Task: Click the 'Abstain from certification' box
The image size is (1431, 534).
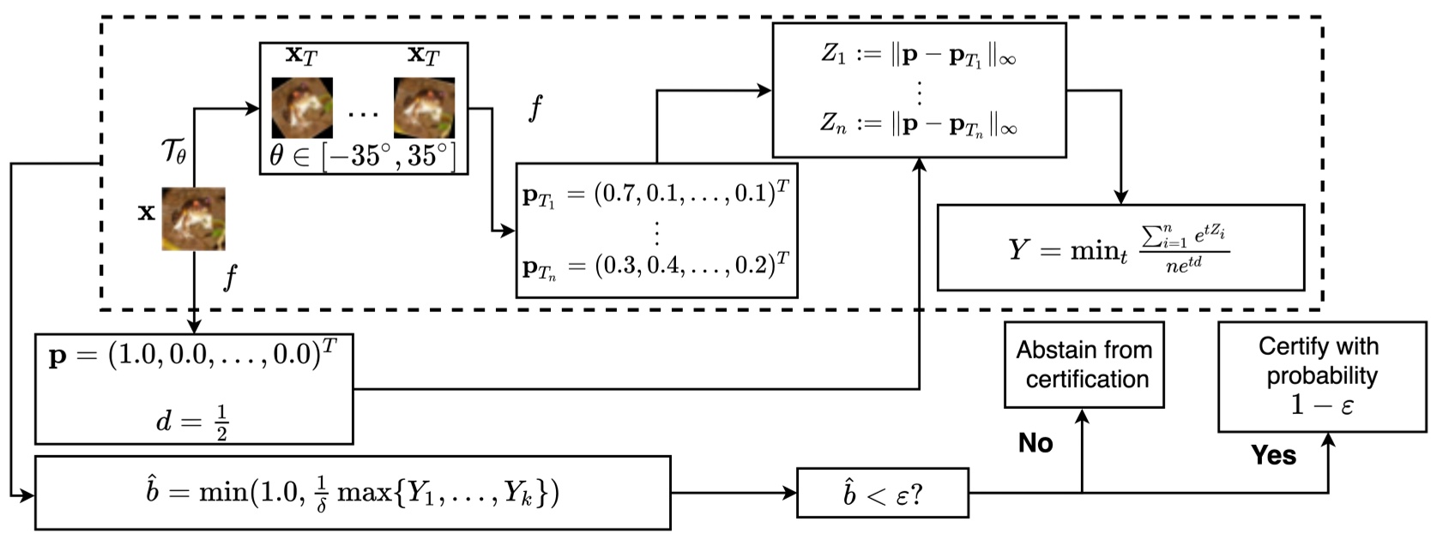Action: coord(1084,364)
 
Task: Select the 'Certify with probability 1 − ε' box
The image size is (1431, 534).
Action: coord(1321,376)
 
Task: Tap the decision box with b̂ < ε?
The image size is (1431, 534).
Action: coord(882,493)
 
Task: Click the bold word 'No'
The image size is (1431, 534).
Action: coord(1036,443)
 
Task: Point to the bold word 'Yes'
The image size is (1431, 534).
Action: coord(1273,455)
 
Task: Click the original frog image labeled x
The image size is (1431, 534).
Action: coord(194,219)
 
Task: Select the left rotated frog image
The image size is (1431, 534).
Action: coord(302,108)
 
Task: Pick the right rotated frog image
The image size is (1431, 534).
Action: coord(424,108)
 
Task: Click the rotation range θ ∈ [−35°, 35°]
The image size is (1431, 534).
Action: coord(363,156)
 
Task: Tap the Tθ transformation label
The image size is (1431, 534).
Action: coord(173,153)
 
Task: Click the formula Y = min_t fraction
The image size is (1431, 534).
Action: coord(1120,248)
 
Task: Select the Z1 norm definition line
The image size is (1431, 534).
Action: coord(918,55)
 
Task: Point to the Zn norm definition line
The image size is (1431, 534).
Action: coord(918,124)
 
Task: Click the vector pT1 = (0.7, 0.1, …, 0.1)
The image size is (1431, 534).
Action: coord(655,195)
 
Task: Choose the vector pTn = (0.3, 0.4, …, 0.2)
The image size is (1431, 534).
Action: coord(655,267)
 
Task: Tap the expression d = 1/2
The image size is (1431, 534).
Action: coord(193,421)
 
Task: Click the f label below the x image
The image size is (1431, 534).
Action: coord(229,278)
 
